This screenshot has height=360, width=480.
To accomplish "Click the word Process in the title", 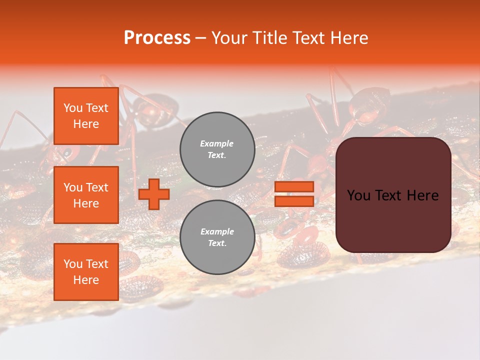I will tap(157, 37).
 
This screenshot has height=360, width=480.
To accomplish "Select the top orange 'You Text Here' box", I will tap(86, 116).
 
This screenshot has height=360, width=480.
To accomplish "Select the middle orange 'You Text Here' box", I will tap(86, 195).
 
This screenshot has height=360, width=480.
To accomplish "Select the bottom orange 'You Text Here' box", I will tap(86, 271).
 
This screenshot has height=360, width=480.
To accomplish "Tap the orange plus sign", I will tap(153, 194).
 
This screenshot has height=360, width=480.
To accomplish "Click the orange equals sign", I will tap(294, 194).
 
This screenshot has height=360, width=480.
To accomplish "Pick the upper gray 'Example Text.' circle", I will tap(217, 149).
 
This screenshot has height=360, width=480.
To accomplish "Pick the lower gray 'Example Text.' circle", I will tap(217, 237).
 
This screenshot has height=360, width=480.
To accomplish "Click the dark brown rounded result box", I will tap(393, 195).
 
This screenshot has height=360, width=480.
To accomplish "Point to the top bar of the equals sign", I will tap(294, 187).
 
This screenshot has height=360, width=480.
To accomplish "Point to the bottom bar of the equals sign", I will tap(294, 201).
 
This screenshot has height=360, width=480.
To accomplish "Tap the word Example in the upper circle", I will tap(217, 143).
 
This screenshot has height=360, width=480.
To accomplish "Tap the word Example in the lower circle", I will tap(217, 231).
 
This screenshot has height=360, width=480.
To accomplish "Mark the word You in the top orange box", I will tap(72, 108).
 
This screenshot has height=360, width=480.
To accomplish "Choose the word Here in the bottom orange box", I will tap(86, 280).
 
